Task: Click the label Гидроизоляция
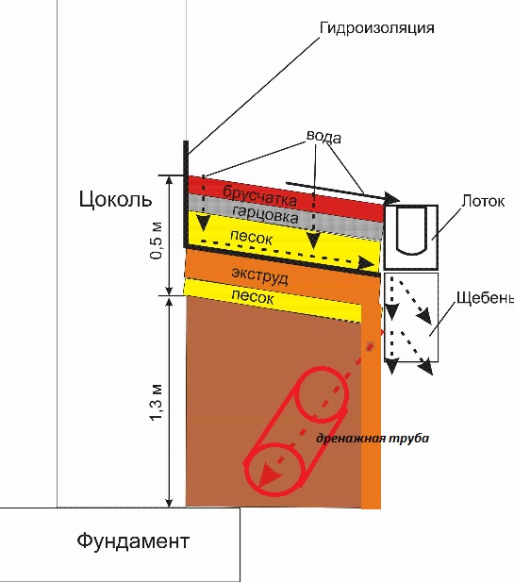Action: pyautogui.click(x=376, y=28)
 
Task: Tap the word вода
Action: pyautogui.click(x=323, y=136)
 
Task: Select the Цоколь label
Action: pyautogui.click(x=115, y=199)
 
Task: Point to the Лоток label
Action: pyautogui.click(x=483, y=201)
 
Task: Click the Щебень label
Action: pyautogui.click(x=485, y=298)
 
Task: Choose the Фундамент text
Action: pyautogui.click(x=133, y=540)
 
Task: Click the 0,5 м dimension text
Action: pyautogui.click(x=157, y=241)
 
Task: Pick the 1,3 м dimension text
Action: pyautogui.click(x=156, y=402)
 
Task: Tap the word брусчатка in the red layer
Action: pyautogui.click(x=259, y=195)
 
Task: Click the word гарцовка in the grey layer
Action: pyautogui.click(x=265, y=214)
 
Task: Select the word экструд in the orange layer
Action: pyautogui.click(x=259, y=275)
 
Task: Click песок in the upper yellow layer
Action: pyautogui.click(x=251, y=238)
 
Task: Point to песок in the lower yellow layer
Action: pyautogui.click(x=253, y=296)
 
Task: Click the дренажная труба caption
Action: pyautogui.click(x=373, y=438)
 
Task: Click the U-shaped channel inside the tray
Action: pyautogui.click(x=411, y=231)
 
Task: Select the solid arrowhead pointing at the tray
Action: pyautogui.click(x=392, y=198)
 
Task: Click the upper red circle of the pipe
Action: pyautogui.click(x=323, y=394)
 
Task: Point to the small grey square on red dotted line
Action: pyautogui.click(x=370, y=346)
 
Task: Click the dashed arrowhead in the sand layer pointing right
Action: pyautogui.click(x=367, y=263)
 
